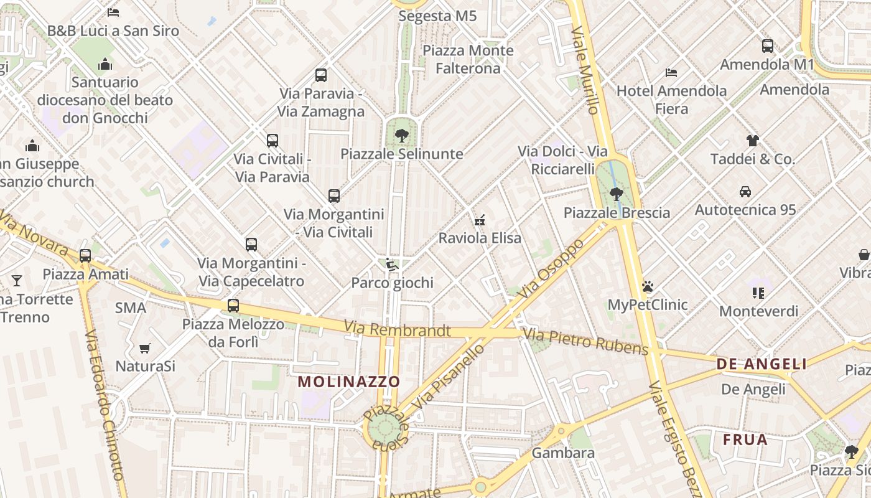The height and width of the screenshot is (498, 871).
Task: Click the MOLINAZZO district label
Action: (348, 382)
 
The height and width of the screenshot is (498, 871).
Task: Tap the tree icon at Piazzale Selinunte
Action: (402, 135)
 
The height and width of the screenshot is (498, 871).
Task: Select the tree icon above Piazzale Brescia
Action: (616, 194)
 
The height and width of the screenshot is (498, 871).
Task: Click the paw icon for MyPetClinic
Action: (648, 286)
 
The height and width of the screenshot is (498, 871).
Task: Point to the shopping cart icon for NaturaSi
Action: (145, 348)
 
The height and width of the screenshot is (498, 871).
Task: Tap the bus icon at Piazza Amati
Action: (85, 256)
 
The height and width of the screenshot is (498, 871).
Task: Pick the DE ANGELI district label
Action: (762, 364)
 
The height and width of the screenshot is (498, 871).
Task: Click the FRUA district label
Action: (745, 439)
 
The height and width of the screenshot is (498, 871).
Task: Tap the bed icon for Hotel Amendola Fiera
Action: (671, 73)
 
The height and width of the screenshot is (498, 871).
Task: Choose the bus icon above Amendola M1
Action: (768, 46)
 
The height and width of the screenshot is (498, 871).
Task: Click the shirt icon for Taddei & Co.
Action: (753, 141)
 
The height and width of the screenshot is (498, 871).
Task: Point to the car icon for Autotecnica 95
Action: (745, 192)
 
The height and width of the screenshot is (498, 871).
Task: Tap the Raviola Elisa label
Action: (480, 238)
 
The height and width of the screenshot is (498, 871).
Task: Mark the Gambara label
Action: (563, 453)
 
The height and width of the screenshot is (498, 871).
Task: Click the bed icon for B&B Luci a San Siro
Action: (113, 12)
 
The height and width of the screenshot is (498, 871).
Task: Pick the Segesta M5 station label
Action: (437, 16)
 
